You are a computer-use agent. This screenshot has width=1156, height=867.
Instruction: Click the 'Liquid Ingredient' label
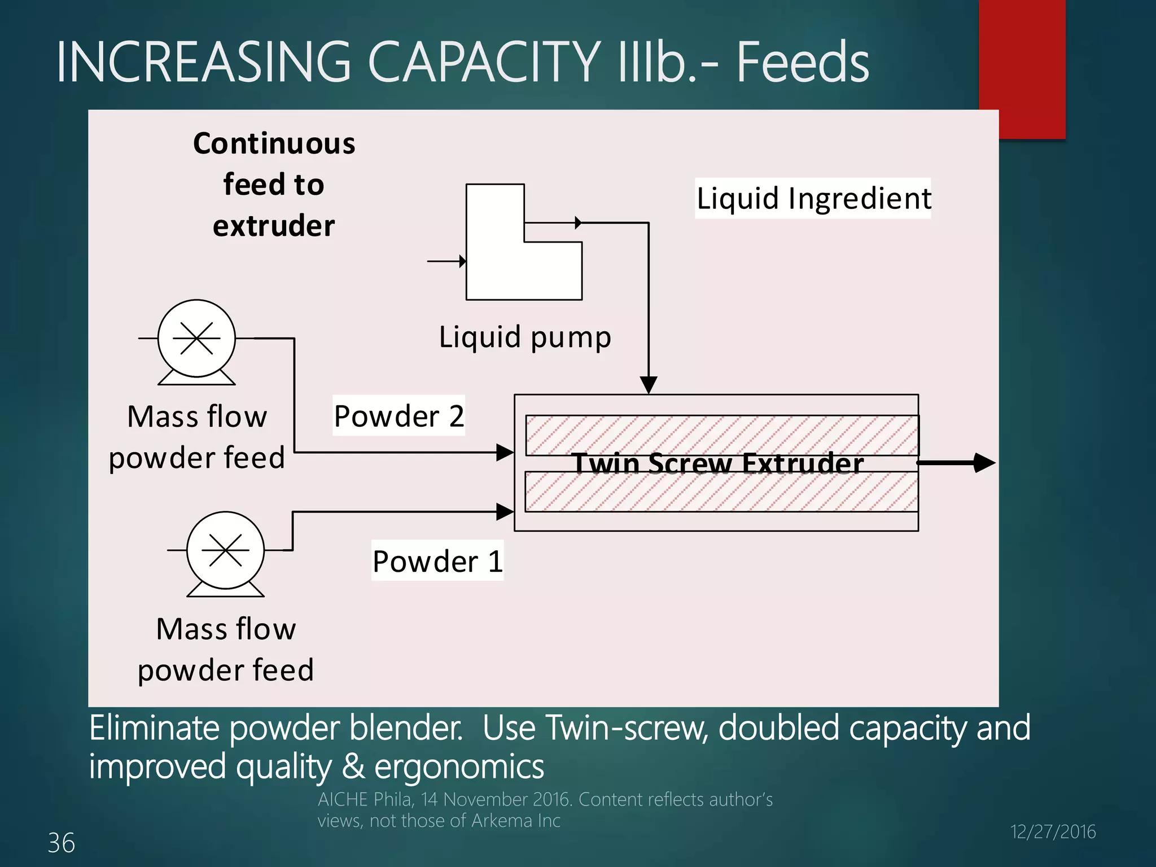click(813, 199)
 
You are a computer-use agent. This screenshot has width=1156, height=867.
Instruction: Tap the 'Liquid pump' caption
click(525, 337)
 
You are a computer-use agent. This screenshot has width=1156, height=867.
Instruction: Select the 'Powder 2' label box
click(399, 416)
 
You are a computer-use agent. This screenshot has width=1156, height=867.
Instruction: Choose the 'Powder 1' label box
click(437, 561)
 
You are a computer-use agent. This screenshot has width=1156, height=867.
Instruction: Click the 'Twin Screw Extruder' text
click(717, 463)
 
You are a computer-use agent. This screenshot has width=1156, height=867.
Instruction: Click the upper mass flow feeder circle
click(196, 338)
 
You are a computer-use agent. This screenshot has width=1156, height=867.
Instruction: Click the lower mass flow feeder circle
click(225, 550)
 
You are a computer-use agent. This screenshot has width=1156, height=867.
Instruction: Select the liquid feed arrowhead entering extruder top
click(649, 385)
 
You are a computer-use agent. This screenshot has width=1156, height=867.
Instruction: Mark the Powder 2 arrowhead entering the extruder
click(505, 452)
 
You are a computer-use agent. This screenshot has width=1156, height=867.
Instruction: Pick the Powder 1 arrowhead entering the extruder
click(505, 512)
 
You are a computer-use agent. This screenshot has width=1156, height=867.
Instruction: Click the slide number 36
click(61, 843)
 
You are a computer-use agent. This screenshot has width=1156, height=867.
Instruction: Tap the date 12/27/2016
click(1053, 831)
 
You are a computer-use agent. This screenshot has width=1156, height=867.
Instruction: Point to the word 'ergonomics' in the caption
click(459, 767)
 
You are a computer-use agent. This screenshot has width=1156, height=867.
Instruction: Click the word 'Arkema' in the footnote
click(501, 820)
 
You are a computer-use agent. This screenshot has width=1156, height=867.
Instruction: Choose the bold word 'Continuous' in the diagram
click(274, 143)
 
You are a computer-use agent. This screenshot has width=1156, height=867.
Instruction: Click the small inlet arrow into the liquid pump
click(462, 261)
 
